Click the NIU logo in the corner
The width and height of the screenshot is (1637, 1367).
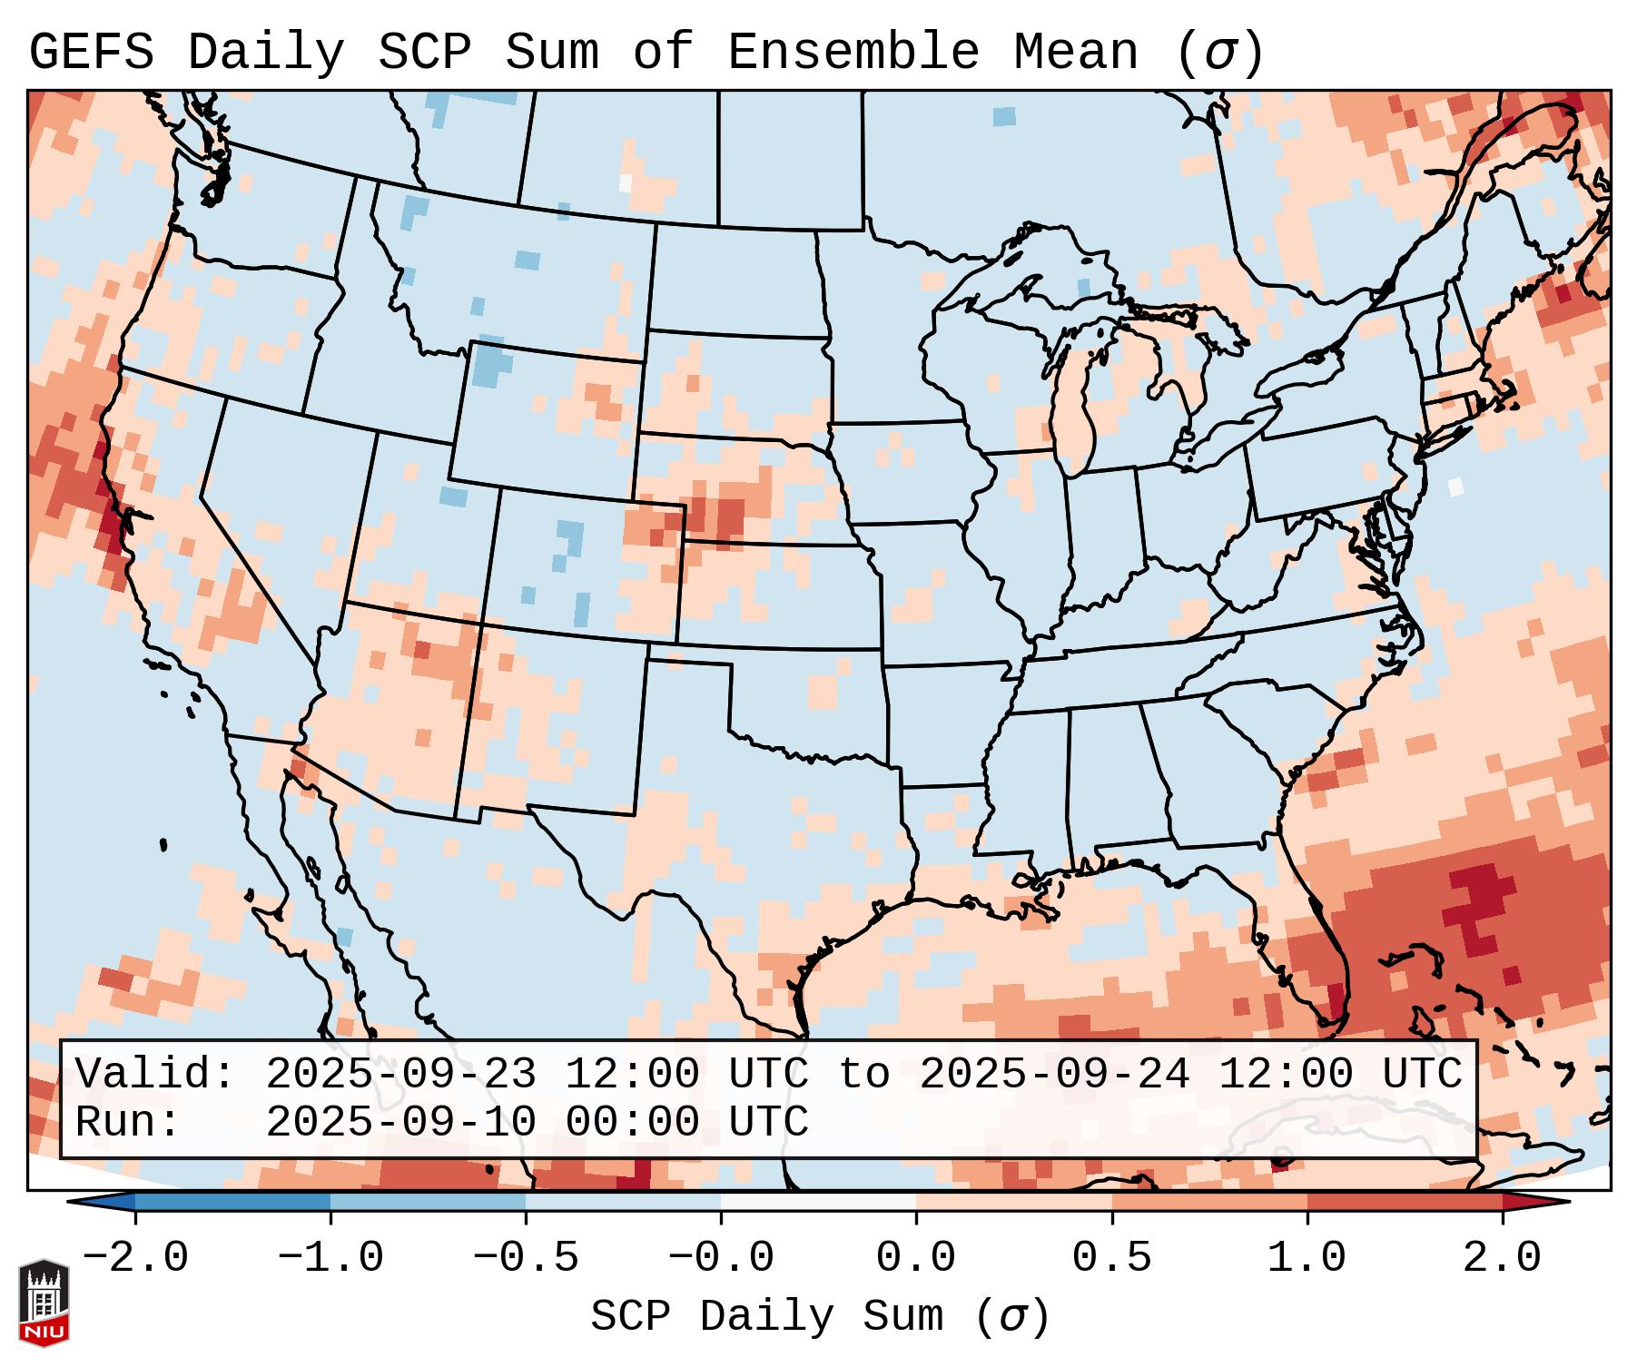(x=44, y=1303)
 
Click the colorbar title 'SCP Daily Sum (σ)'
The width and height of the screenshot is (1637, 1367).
(x=820, y=1317)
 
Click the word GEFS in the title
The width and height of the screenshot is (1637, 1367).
(x=91, y=53)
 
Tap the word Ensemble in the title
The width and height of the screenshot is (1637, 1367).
(x=853, y=53)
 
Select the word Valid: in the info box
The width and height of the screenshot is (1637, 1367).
(x=155, y=1075)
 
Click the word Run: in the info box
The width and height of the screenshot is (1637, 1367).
(x=128, y=1123)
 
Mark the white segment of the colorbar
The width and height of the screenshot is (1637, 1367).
(x=818, y=1202)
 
